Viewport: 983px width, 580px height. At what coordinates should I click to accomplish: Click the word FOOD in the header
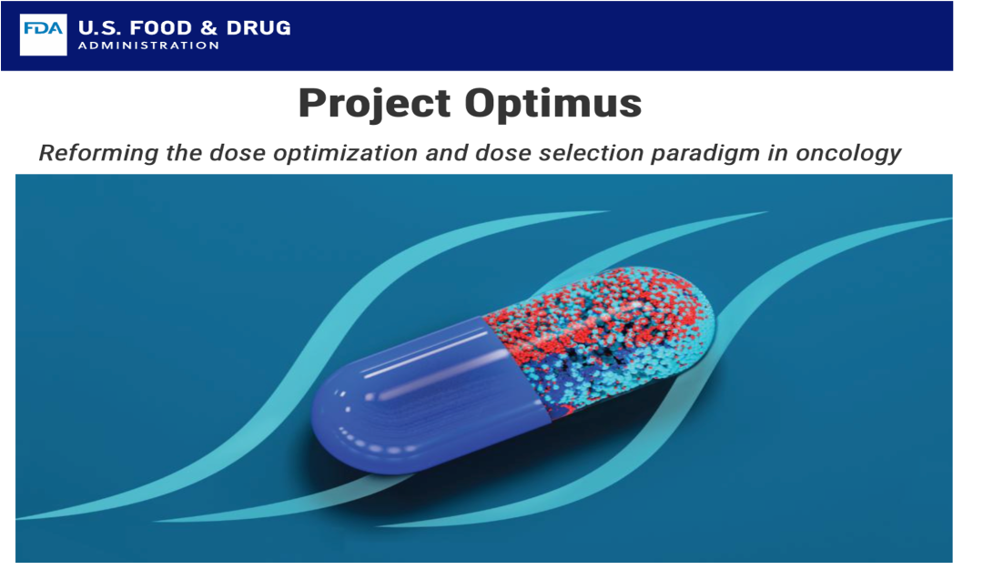157,27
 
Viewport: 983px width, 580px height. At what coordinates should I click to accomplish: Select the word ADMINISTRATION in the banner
148,46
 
